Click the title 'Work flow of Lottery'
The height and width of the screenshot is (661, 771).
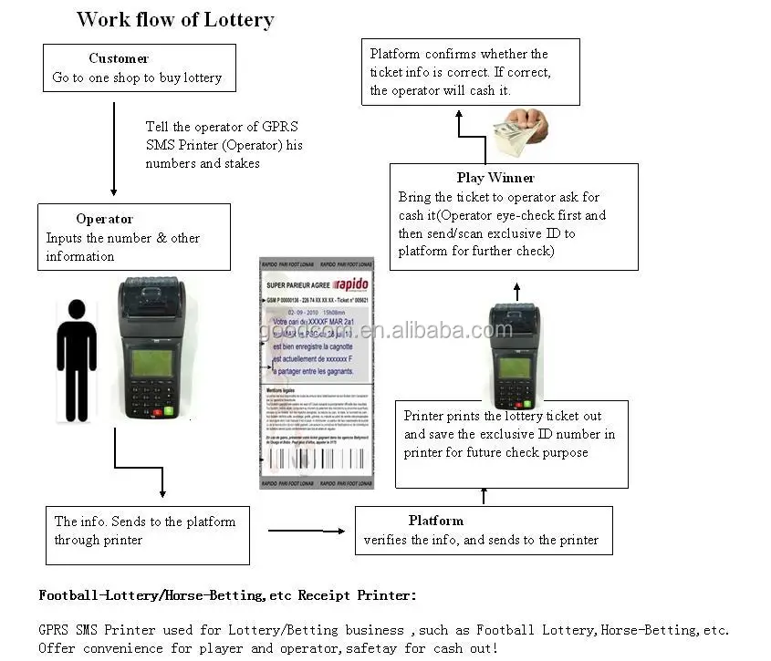(x=175, y=19)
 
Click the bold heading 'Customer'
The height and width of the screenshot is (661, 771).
(x=119, y=58)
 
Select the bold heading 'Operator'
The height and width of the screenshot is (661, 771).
(x=104, y=219)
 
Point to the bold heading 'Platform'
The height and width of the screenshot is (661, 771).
(x=435, y=521)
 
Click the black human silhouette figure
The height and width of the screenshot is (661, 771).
(x=76, y=360)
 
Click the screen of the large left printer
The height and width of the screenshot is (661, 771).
(x=151, y=363)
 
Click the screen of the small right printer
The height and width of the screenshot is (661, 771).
(x=515, y=367)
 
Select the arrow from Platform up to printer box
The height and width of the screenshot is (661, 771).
(x=484, y=496)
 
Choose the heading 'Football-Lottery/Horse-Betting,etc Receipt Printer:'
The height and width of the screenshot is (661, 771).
(x=227, y=595)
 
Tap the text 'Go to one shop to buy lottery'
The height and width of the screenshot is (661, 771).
(x=137, y=77)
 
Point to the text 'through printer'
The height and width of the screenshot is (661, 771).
(x=99, y=540)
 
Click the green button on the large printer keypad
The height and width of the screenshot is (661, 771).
(x=170, y=411)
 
